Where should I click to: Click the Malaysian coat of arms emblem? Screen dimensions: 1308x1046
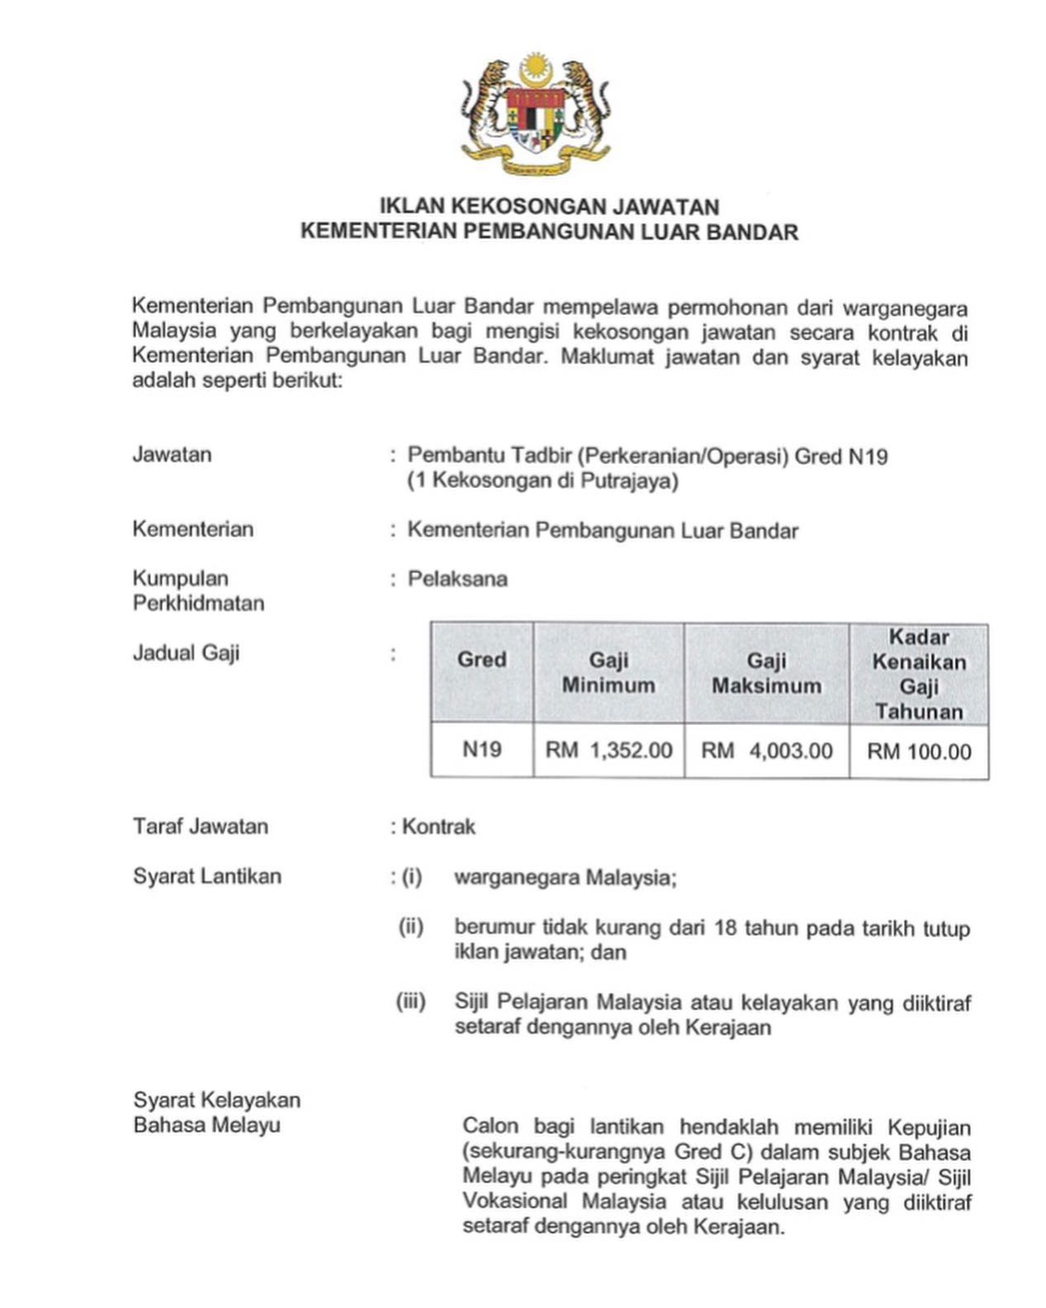coord(536,113)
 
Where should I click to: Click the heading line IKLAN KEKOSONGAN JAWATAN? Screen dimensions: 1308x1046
coord(549,206)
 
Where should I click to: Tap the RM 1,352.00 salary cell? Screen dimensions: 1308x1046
coord(608,751)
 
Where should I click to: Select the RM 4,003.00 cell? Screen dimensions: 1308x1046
coord(766,751)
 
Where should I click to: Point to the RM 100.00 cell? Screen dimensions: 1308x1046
coord(919,751)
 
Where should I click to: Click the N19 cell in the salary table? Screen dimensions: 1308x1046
coord(481,749)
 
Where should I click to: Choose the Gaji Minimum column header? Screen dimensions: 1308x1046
coord(608,672)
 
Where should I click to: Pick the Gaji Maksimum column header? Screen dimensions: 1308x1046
coord(766,673)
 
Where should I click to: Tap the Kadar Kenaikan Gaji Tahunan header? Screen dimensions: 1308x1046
coord(919,674)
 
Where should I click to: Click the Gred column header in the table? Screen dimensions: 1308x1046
coord(481,660)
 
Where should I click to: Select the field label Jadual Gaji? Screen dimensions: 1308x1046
coord(186,653)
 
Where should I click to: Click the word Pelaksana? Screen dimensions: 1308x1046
coord(457,579)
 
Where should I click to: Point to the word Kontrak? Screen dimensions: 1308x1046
coord(438,827)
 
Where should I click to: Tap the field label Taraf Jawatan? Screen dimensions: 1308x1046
coord(201,827)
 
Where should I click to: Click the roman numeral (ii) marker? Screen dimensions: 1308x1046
coord(411,926)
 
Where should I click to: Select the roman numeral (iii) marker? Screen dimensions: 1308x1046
coord(410,1002)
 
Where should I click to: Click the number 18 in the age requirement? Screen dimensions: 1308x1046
coord(726,927)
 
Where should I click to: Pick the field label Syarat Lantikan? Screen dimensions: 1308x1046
coord(207,876)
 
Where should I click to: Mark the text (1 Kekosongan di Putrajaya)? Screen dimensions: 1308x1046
coord(542,481)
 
